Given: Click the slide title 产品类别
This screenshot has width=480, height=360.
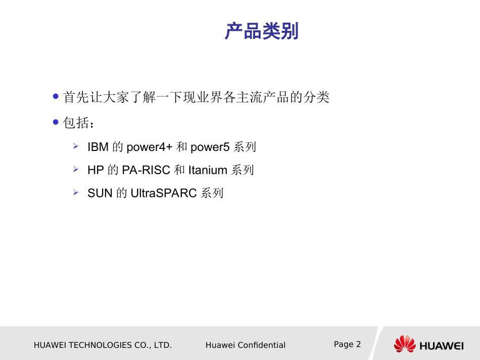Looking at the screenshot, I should (262, 32).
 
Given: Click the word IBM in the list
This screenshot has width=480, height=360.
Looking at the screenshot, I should (98, 147).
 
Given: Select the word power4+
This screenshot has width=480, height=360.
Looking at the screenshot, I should (149, 147).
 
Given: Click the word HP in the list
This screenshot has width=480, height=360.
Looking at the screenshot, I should (95, 170).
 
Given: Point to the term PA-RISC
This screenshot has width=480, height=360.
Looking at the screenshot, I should (146, 170).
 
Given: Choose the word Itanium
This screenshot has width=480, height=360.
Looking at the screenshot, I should (207, 170).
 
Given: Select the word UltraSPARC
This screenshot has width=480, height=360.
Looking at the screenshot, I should (163, 193).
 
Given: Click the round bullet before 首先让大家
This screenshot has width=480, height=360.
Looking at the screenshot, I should (56, 96).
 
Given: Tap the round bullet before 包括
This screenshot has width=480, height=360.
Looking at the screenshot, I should (56, 123).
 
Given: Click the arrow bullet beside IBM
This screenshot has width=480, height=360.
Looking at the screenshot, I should (75, 146).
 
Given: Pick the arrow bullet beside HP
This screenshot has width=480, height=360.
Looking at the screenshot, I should (75, 169).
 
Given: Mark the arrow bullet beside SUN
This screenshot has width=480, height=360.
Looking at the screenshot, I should (75, 192).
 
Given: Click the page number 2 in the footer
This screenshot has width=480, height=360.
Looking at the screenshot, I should (358, 344).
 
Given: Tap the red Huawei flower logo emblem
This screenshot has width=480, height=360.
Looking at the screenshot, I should (404, 344).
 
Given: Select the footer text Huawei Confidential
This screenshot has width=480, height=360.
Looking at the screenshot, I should (246, 345).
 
